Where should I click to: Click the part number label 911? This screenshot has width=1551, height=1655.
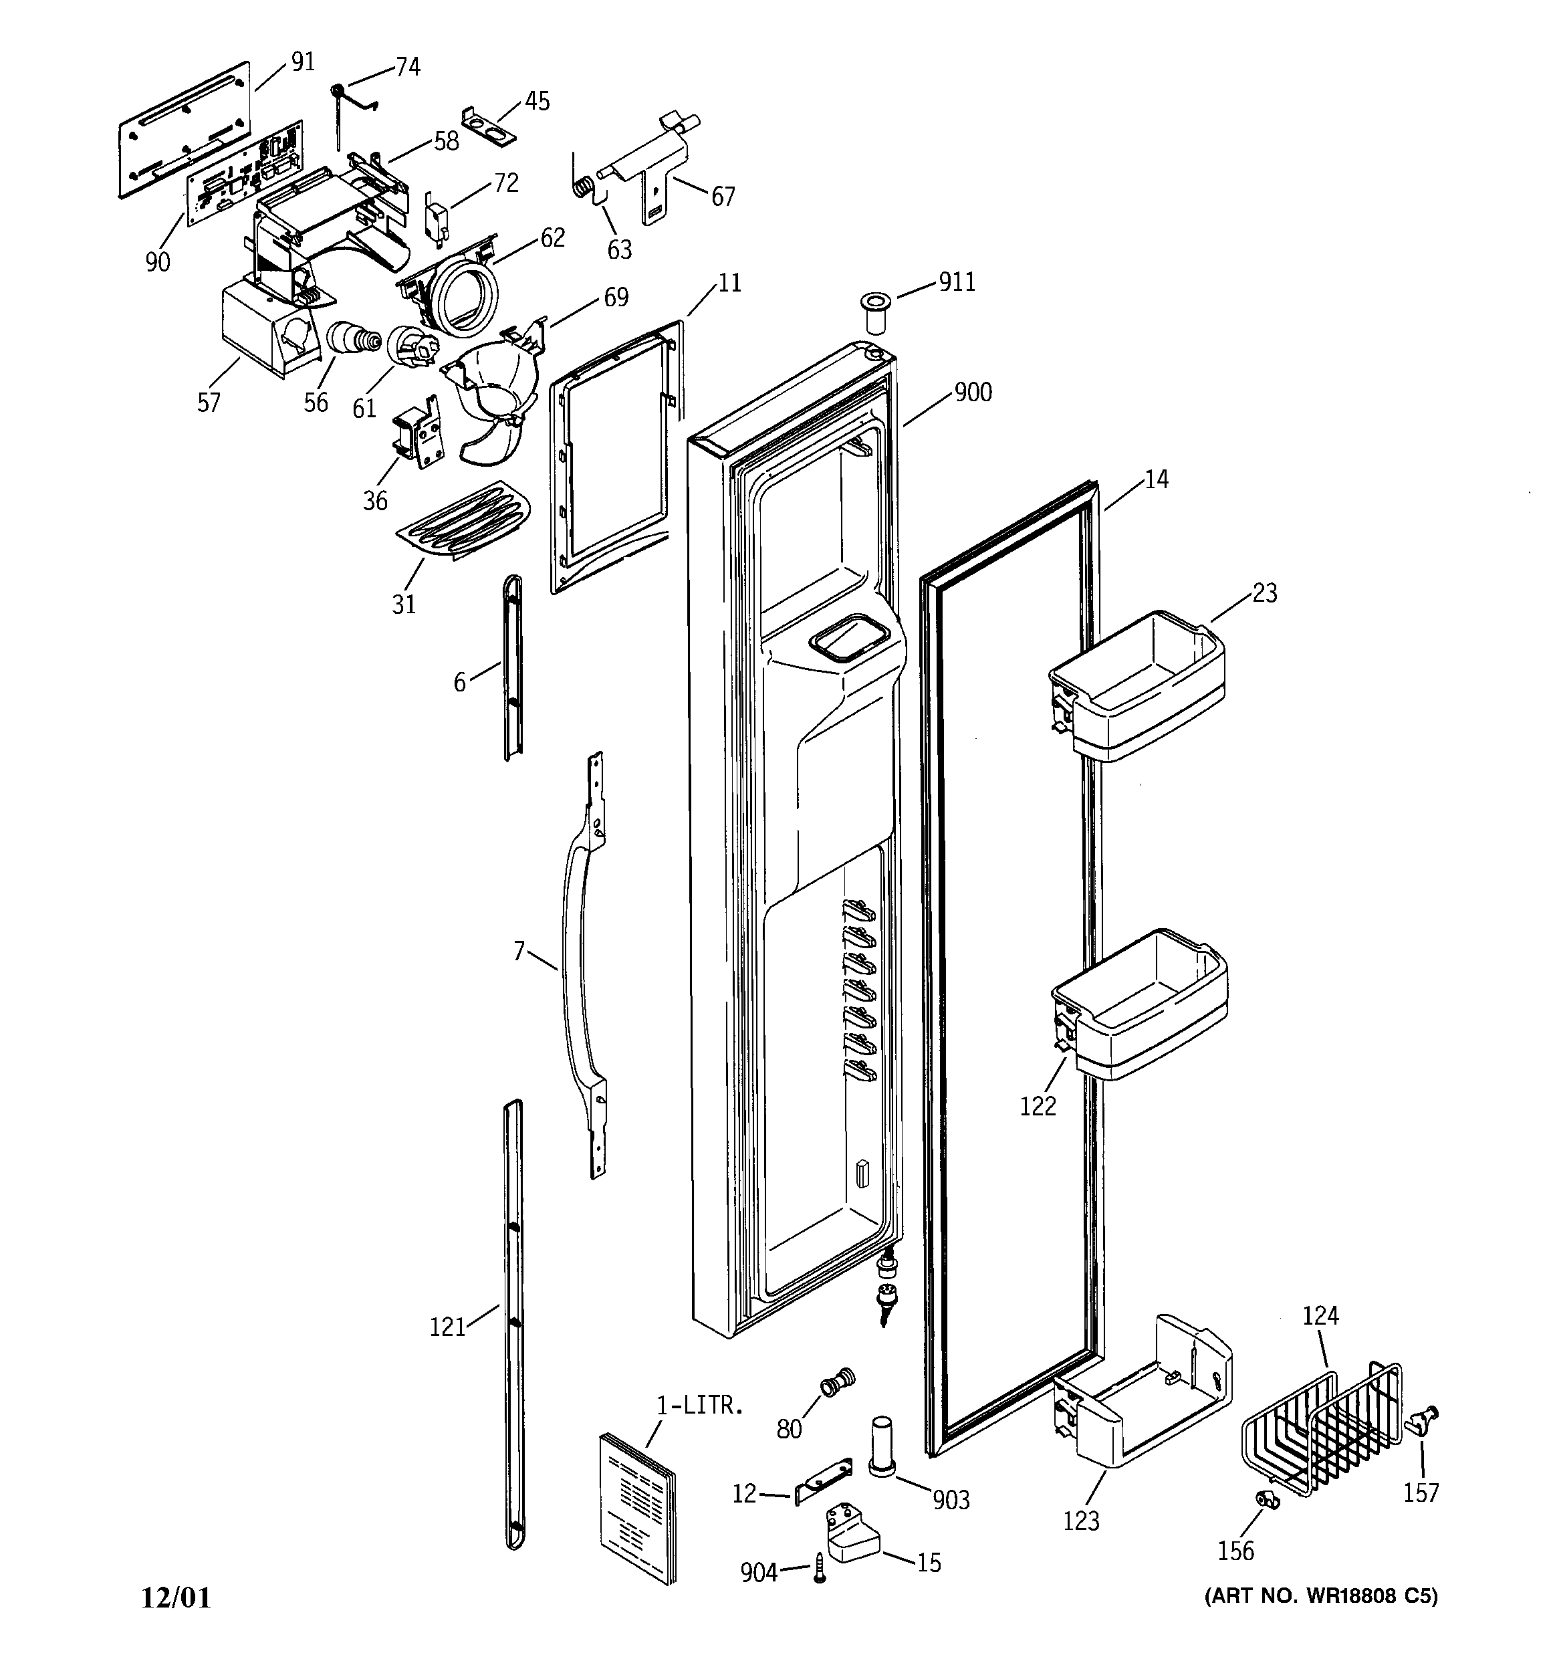(957, 282)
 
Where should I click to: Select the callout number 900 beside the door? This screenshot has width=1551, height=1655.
(973, 391)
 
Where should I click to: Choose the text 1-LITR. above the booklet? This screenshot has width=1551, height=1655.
(699, 1407)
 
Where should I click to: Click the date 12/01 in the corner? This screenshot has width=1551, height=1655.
(176, 1597)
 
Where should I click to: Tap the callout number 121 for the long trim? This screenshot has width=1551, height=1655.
(447, 1327)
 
